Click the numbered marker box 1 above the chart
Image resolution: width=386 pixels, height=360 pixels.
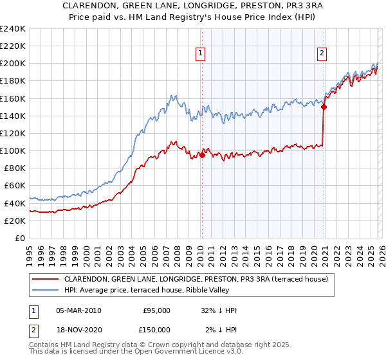tap(201, 54)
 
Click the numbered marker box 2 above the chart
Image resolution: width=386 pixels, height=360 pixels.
tap(321, 54)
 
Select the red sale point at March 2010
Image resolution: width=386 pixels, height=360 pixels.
tap(202, 155)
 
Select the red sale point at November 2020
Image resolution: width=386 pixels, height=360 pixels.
tap(324, 107)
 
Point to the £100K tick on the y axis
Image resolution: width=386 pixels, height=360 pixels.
tap(12, 150)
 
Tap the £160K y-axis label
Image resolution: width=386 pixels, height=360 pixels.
tap(12, 98)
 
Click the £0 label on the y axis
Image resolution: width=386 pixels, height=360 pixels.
tap(19, 238)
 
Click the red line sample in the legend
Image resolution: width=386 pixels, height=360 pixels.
tap(45, 279)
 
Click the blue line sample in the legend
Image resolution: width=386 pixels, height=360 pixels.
tap(45, 290)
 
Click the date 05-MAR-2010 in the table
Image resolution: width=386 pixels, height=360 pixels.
tap(78, 310)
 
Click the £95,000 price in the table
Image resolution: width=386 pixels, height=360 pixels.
tap(156, 310)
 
